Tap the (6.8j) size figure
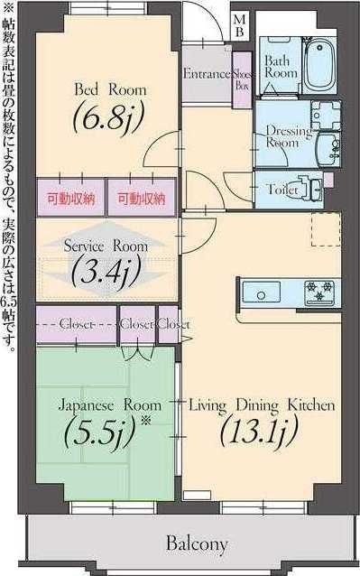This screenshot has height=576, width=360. tap(105, 117)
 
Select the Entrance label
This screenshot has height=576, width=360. tap(207, 74)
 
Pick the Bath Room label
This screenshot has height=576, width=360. tap(280, 66)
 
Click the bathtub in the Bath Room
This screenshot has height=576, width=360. tap(322, 63)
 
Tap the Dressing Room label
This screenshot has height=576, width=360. tap(287, 136)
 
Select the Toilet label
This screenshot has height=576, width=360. tap(282, 190)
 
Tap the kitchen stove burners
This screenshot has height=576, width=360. tap(319, 293)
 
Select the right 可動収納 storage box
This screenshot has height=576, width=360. tap(139, 198)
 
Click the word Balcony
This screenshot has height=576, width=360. tap(195, 544)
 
